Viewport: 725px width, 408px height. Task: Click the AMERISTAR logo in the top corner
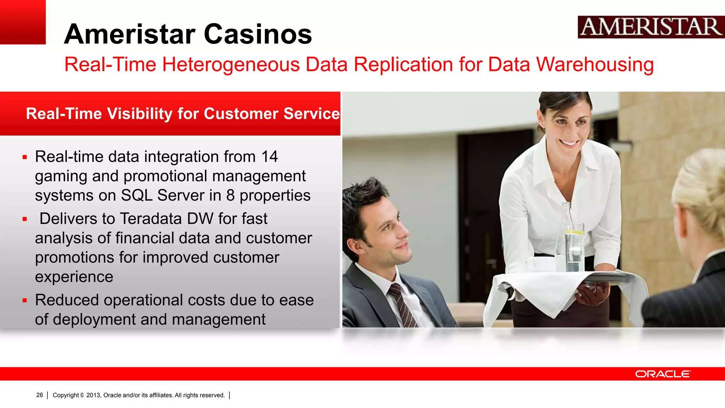[651, 27]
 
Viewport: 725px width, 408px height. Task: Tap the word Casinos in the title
[258, 34]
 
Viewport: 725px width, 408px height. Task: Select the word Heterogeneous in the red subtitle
[231, 65]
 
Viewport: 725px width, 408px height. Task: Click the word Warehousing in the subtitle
[595, 65]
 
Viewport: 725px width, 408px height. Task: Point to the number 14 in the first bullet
[269, 157]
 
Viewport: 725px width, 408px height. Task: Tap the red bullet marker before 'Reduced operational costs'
[25, 301]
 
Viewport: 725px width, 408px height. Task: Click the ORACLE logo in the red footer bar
[663, 374]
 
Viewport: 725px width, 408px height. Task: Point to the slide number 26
[40, 395]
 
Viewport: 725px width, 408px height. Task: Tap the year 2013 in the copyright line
[93, 395]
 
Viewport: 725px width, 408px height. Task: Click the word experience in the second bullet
[74, 277]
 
